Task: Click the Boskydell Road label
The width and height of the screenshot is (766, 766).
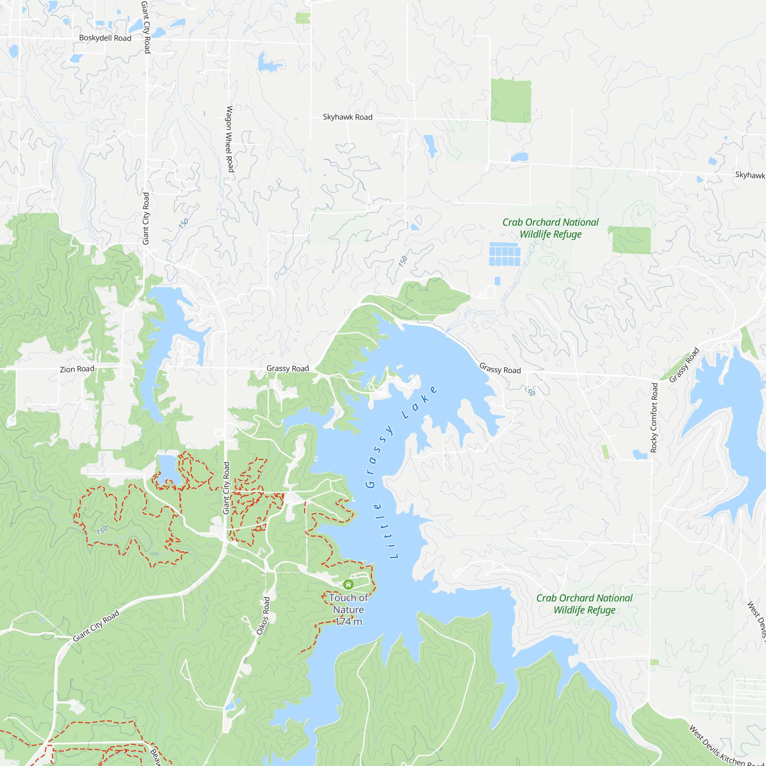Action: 105,38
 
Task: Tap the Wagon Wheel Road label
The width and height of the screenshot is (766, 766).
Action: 229,139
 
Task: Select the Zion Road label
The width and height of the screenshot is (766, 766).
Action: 77,369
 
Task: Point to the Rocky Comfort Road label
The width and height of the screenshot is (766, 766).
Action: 654,417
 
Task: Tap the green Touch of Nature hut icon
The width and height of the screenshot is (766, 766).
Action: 348,584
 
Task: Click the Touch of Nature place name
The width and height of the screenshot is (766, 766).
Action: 348,604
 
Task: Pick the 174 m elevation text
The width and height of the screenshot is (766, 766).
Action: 348,622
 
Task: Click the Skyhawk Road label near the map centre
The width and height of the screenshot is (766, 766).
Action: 347,117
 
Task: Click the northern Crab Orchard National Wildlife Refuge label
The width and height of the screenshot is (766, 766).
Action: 550,228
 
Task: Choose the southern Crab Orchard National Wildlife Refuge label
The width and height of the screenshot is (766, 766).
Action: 584,604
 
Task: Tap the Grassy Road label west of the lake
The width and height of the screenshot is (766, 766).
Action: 288,368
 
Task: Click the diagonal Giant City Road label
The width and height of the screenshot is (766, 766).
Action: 96,626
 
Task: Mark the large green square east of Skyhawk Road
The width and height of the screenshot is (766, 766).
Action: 511,101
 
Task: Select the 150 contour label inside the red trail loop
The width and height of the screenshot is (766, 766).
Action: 102,530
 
